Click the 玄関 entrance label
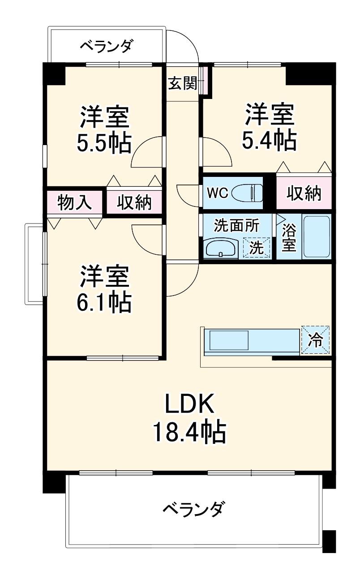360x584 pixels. (182, 83)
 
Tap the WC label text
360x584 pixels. (218, 193)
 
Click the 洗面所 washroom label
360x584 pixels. (236, 225)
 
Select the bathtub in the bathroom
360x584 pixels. (317, 237)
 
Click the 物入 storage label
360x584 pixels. (75, 203)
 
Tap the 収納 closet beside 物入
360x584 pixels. (134, 203)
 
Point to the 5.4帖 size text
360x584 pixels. (269, 140)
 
